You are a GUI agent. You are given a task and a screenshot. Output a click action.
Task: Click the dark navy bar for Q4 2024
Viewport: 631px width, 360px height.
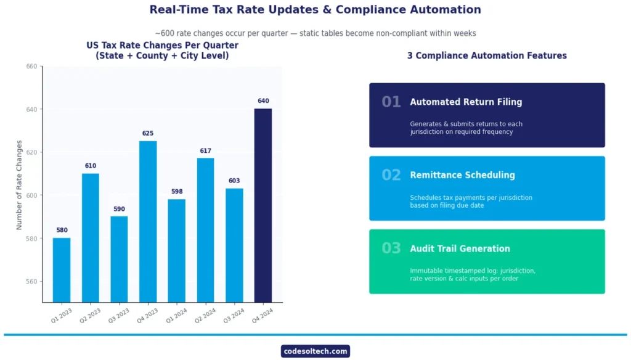point(263,205)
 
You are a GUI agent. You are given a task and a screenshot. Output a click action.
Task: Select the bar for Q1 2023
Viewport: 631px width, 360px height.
point(62,270)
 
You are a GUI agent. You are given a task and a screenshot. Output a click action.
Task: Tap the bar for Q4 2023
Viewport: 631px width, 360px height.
point(148,221)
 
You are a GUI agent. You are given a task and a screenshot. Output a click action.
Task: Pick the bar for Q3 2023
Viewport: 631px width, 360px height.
point(119,259)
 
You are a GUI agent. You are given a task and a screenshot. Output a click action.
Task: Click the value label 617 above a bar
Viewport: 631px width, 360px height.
point(205,151)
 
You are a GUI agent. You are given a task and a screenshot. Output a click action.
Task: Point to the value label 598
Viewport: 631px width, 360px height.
point(177,192)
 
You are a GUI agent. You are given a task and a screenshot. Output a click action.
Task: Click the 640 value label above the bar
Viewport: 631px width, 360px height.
point(263,101)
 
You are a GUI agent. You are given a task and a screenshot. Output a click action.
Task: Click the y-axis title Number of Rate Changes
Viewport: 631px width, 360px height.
point(19,185)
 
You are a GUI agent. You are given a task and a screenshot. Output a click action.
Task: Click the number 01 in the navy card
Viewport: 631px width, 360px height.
point(391,102)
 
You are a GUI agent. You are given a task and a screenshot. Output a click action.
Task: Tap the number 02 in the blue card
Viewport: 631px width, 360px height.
point(391,176)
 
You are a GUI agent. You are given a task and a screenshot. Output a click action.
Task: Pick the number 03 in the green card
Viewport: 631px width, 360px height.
point(391,249)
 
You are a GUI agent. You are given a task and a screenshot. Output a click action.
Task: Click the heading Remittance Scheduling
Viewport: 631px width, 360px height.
point(462,175)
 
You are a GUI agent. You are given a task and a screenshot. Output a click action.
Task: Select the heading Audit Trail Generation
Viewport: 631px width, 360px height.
point(460,249)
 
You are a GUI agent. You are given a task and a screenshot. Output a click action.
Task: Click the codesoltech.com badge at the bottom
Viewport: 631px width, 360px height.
point(315,351)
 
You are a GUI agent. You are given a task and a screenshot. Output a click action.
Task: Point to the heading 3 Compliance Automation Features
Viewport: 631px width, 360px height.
point(487,55)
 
